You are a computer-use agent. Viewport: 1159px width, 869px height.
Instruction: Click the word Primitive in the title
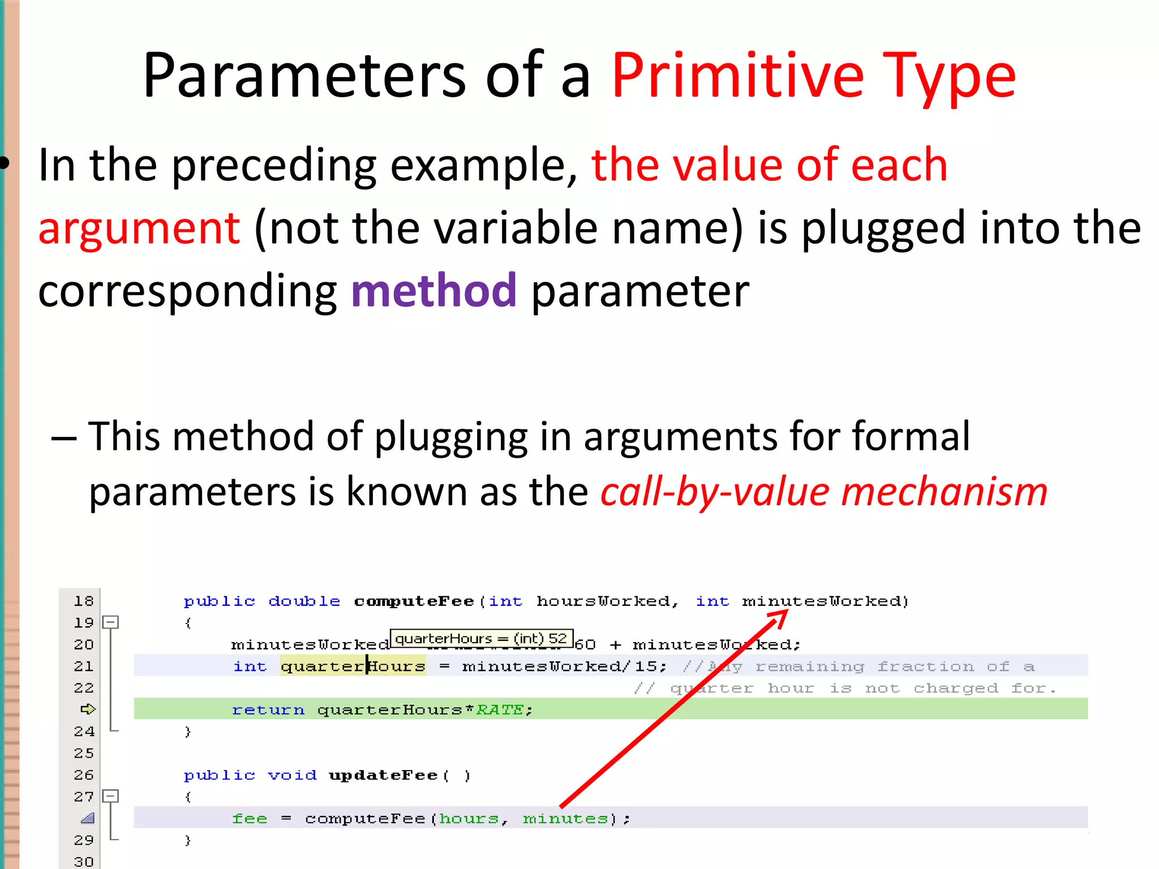tap(737, 76)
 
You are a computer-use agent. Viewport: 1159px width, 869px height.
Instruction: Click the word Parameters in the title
tap(304, 76)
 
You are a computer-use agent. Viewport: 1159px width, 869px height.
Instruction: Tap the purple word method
tap(433, 290)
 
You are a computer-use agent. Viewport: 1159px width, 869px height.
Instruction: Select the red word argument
tap(139, 227)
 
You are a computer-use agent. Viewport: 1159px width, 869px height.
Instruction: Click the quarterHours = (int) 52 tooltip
tap(481, 638)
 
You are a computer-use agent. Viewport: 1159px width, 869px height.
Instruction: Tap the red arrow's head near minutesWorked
tap(780, 618)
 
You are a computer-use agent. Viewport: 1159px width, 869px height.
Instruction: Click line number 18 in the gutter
tap(84, 601)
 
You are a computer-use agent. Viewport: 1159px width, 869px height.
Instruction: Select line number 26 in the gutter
tap(84, 775)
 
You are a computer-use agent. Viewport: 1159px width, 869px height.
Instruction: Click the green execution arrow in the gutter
tap(88, 709)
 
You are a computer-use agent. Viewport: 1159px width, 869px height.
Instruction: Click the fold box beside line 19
tap(110, 622)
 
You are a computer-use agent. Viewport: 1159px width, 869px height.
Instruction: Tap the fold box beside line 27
tap(110, 796)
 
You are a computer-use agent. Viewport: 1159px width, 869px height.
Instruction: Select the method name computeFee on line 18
tap(414, 601)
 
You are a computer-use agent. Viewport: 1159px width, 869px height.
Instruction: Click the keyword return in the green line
tap(268, 709)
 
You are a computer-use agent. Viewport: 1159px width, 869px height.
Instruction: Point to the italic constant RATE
tap(500, 709)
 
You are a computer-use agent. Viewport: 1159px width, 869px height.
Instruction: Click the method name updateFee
tap(383, 775)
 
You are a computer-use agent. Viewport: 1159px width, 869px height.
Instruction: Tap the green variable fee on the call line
tap(250, 818)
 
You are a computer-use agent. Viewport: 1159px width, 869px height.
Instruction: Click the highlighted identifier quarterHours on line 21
tap(353, 666)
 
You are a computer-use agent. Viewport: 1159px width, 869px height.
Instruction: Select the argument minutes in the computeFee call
tap(565, 818)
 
